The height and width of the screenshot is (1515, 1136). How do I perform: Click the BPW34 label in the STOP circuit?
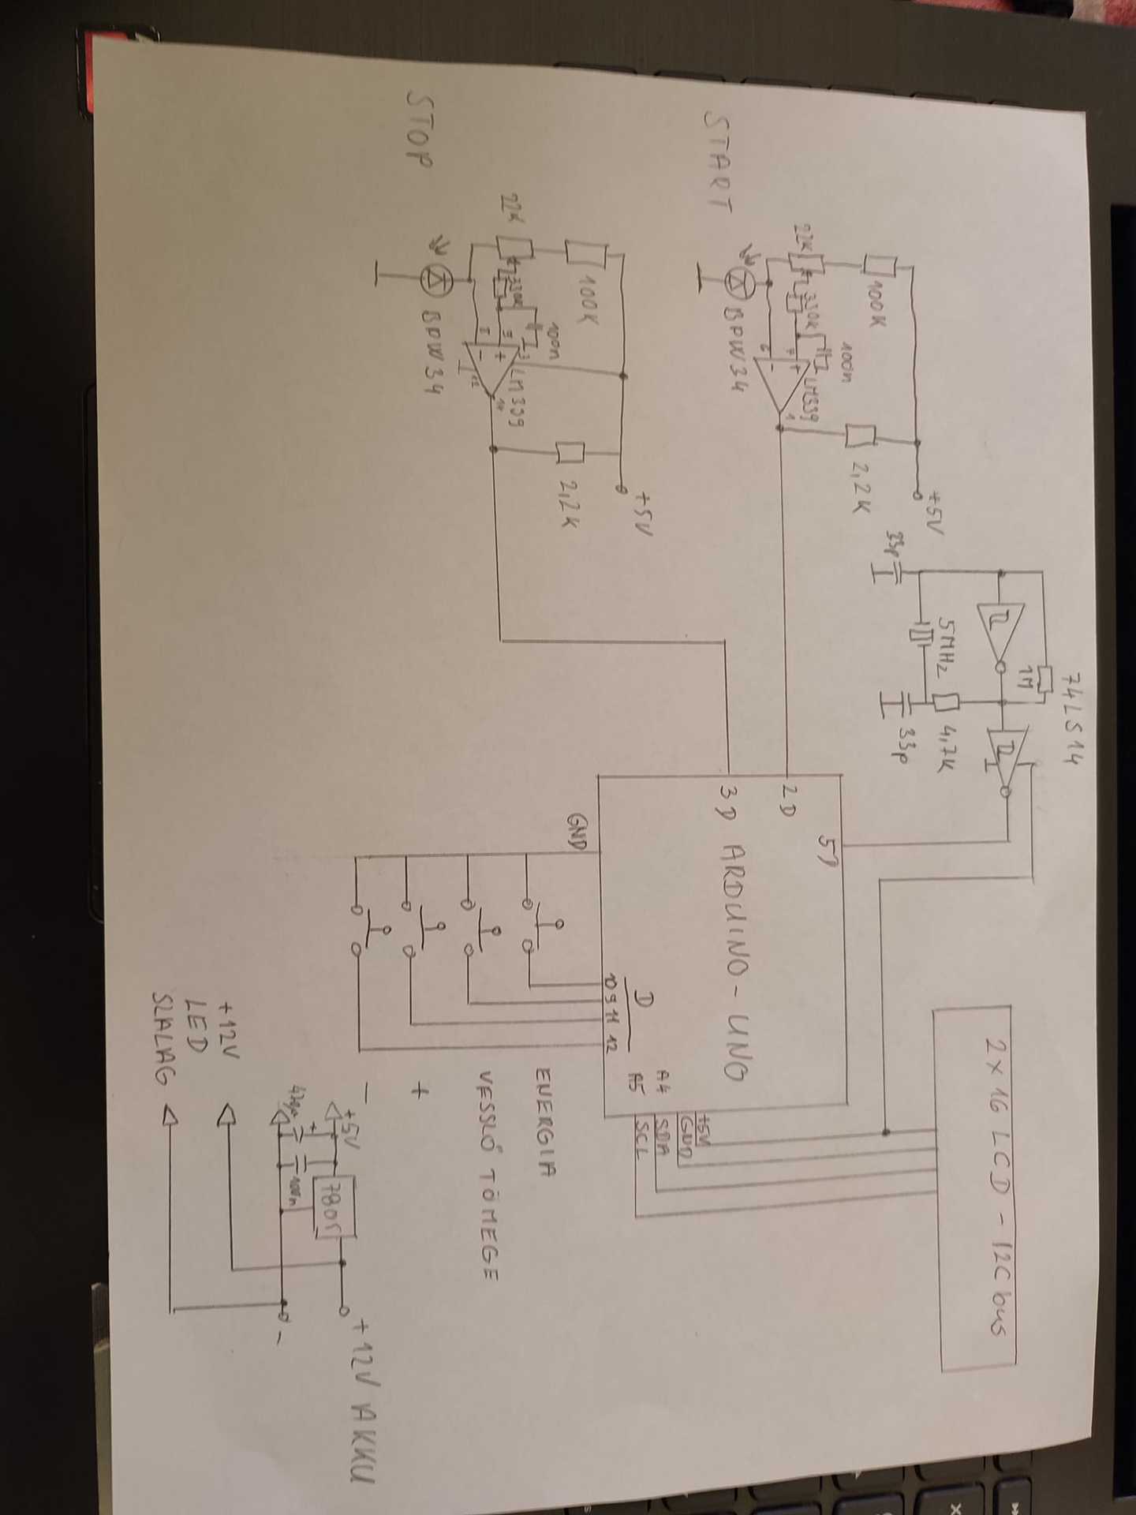coord(432,354)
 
